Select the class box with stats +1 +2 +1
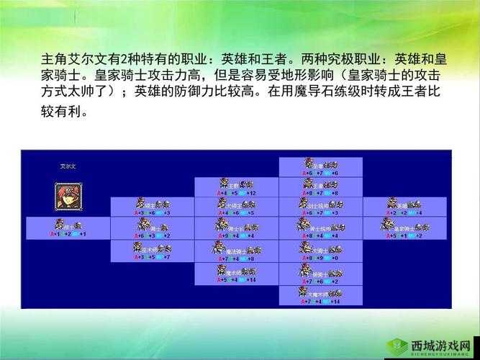68,228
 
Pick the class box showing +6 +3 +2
151,228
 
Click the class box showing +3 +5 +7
151,251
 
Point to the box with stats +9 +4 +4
235,228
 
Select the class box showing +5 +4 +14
235,274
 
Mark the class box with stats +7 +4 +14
320,295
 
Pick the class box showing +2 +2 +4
404,207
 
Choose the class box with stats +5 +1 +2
404,228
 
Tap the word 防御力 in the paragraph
201,92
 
